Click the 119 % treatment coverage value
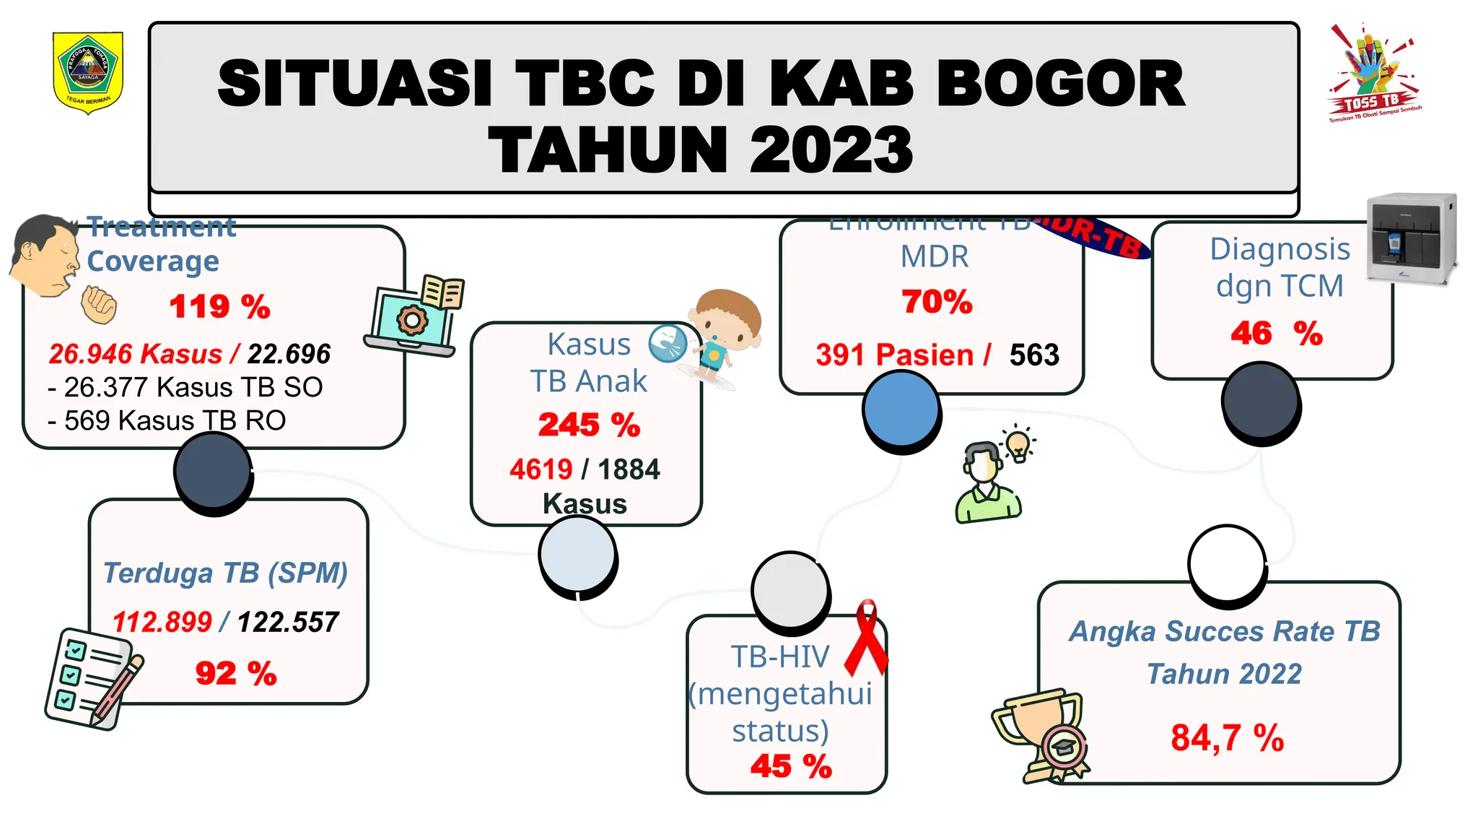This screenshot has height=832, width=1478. coord(219,307)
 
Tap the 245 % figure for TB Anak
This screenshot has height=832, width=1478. coord(589,425)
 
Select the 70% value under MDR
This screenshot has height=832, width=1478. coord(937,302)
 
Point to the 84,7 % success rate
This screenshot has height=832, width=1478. coord(1227,738)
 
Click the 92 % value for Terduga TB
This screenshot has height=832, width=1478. coord(236,674)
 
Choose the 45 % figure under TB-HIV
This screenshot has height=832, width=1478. coord(791,766)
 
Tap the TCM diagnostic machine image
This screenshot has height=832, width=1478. coord(1412,238)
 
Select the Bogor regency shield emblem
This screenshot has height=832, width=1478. coord(89,72)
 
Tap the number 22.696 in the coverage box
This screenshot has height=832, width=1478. coord(289,354)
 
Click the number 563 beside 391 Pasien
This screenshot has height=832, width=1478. coord(1034,355)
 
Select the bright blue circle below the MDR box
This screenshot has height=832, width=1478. coord(901,409)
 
